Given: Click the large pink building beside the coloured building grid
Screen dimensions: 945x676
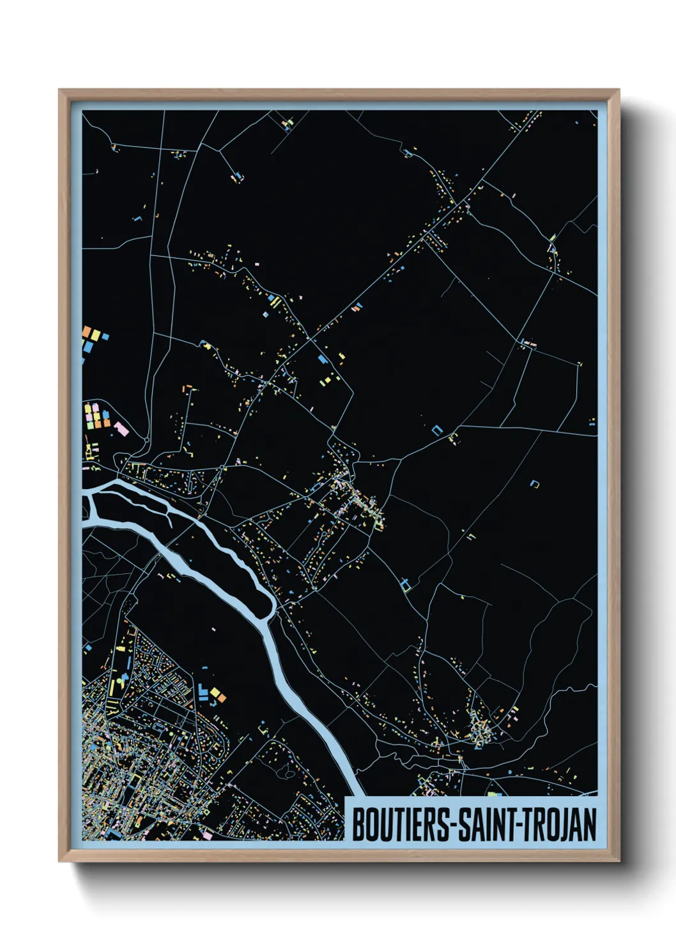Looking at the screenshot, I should tap(121, 428).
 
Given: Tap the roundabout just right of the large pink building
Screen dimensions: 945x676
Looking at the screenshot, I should tap(146, 439).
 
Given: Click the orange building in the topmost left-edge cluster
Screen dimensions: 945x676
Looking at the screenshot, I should tap(87, 331).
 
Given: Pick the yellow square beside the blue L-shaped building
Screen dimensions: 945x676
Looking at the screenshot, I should tap(215, 692).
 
